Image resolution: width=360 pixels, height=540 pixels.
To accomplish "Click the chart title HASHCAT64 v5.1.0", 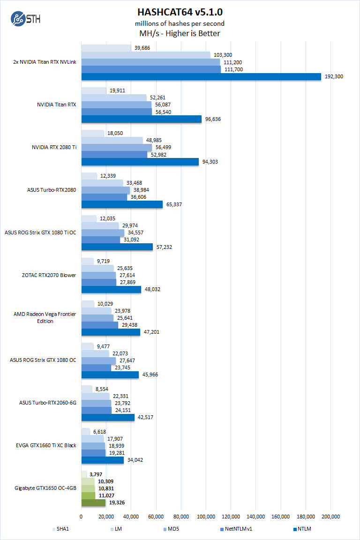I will coord(180,12).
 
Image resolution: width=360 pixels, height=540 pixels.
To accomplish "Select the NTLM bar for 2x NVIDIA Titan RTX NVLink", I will coord(201,76).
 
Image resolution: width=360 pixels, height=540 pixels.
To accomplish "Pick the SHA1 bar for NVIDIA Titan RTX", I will coord(94,90).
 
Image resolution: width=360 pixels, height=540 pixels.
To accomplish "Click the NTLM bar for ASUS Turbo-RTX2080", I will coord(122,204).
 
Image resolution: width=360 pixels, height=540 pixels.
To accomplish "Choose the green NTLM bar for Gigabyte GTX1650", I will coord(93,502).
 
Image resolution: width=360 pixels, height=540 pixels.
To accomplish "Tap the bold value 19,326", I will coord(117,502).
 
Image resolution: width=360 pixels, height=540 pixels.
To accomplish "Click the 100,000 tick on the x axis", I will coord(206,517).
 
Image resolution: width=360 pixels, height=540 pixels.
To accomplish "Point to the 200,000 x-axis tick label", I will coord(330,517).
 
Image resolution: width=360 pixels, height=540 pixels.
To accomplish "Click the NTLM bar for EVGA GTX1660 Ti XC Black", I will coord(102,460).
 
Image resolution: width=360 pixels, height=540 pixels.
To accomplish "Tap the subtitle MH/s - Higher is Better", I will coord(180,33).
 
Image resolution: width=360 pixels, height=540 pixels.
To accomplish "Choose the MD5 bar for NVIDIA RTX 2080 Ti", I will coord(116,148).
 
